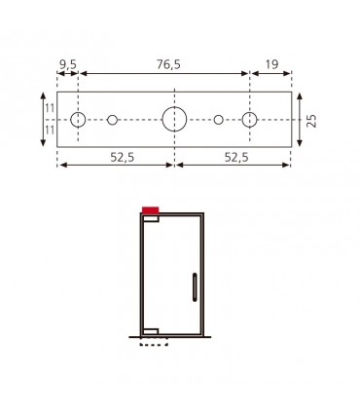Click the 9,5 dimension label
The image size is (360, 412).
68,64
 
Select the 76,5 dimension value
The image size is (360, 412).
168,64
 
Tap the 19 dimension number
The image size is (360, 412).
271,64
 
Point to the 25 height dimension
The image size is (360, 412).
311,120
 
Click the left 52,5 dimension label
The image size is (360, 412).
123,158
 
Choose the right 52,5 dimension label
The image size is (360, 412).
236,158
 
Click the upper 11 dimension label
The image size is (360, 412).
50,108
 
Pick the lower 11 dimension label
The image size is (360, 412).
50,131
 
